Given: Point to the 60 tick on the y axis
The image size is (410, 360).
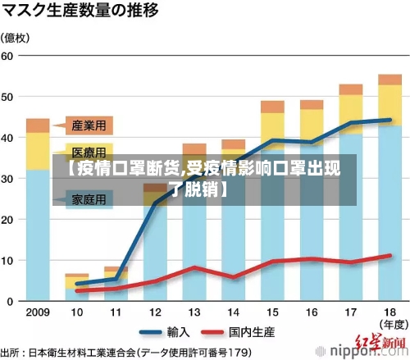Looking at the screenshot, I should pyautogui.click(x=9, y=56).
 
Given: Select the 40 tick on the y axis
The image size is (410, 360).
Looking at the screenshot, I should pyautogui.click(x=9, y=138).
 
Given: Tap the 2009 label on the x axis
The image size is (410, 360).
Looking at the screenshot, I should pyautogui.click(x=38, y=312).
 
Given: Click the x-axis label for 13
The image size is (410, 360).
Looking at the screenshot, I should pyautogui.click(x=194, y=312).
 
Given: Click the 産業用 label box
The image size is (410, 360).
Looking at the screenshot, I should pyautogui.click(x=89, y=125).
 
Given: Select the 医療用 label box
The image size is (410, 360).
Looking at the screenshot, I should pyautogui.click(x=89, y=153).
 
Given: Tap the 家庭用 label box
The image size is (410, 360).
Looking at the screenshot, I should pyautogui.click(x=89, y=199).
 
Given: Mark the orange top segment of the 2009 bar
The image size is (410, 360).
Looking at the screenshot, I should pyautogui.click(x=38, y=125).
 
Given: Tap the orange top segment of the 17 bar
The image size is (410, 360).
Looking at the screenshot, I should pyautogui.click(x=350, y=89).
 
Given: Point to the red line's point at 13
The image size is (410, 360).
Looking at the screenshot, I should pyautogui.click(x=194, y=267).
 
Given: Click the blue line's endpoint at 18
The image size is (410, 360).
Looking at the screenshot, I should pyautogui.click(x=390, y=120).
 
